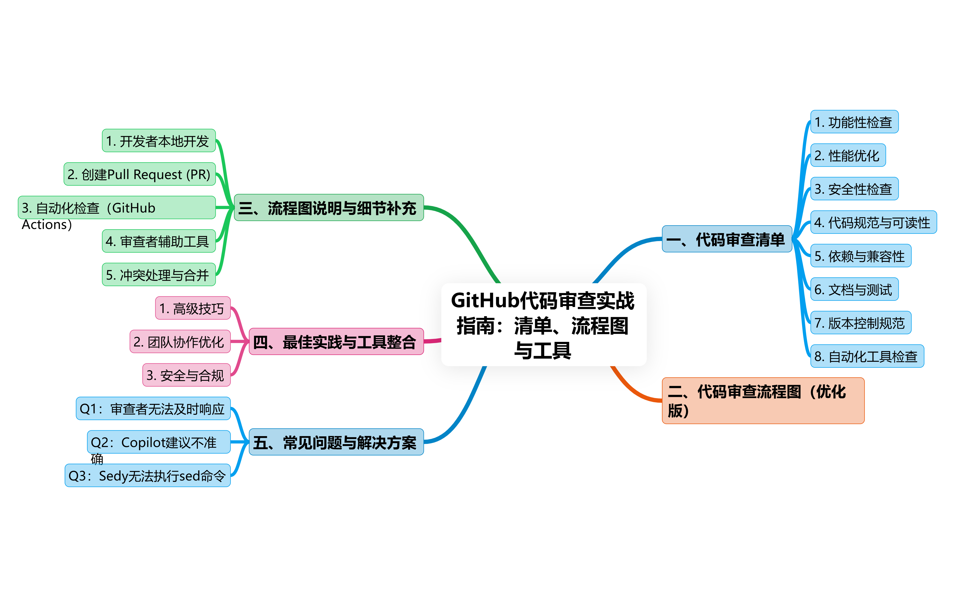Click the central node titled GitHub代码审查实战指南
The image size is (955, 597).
click(x=543, y=325)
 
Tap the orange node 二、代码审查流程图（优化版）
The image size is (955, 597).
click(x=763, y=400)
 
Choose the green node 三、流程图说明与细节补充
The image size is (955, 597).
click(x=329, y=208)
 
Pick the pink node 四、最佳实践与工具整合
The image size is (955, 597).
click(x=336, y=342)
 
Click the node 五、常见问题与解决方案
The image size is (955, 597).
click(x=336, y=442)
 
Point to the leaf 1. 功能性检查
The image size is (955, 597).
click(x=854, y=122)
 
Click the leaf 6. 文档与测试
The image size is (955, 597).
click(x=854, y=290)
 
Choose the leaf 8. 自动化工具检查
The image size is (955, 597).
click(x=866, y=356)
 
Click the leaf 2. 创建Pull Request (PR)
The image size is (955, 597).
click(x=140, y=174)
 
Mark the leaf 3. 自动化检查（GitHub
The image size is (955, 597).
click(x=117, y=208)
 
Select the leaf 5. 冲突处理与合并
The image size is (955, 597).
click(x=158, y=275)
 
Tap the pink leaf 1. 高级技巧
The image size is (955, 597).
click(x=192, y=308)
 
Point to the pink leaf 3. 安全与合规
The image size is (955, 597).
click(x=186, y=375)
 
